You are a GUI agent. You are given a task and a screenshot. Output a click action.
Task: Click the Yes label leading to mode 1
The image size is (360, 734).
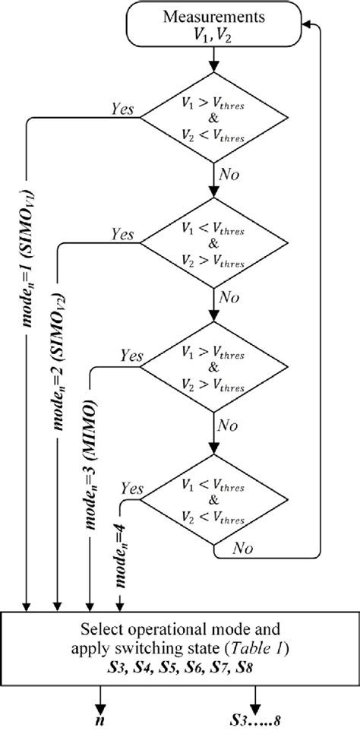[122, 110]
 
